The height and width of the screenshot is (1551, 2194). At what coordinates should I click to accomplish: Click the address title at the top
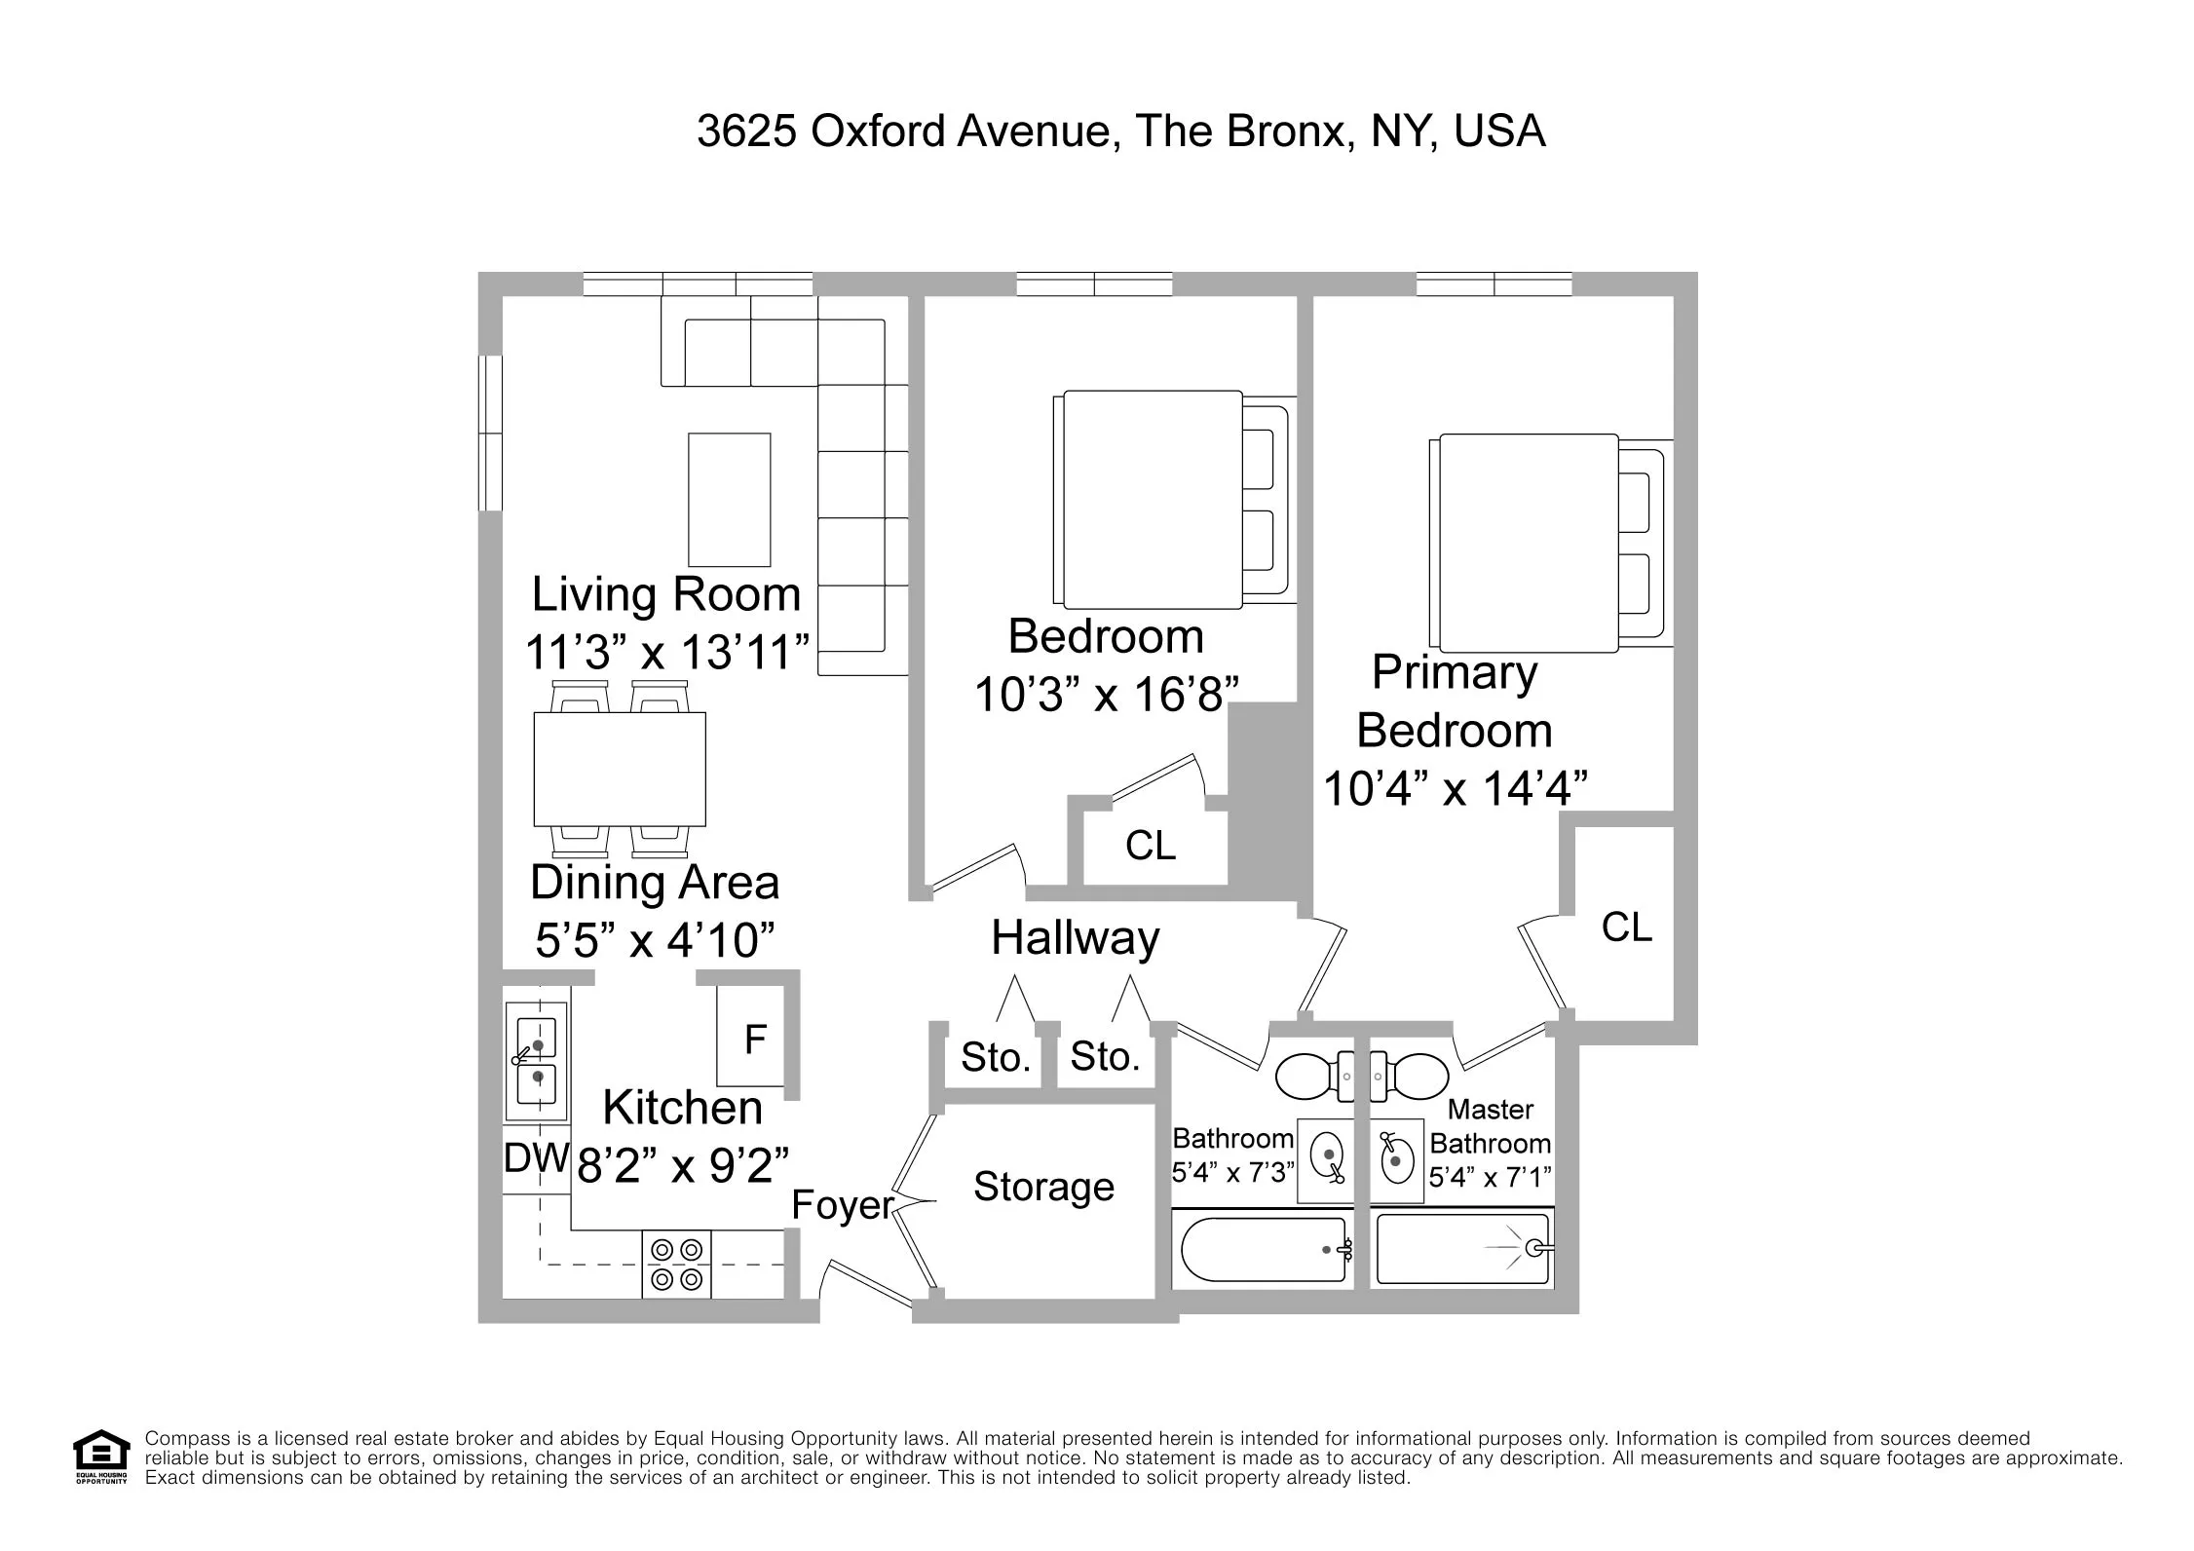point(1120,131)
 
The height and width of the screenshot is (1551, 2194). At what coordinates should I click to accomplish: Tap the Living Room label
point(665,594)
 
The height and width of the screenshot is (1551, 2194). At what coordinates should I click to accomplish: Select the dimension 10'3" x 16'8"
point(1106,695)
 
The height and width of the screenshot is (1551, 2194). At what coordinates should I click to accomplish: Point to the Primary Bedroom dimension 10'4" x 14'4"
point(1455,788)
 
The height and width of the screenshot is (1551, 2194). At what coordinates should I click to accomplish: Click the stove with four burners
point(676,1265)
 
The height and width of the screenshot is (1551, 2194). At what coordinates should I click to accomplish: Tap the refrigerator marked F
point(752,1039)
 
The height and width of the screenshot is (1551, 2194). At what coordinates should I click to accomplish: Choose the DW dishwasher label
point(535,1158)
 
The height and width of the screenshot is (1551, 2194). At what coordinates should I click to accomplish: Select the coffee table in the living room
point(729,500)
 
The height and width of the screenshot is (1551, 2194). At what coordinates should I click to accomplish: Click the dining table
point(620,769)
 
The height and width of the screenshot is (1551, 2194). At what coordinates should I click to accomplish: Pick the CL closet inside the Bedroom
point(1150,846)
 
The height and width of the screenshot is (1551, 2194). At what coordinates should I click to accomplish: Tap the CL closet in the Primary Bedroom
point(1626,927)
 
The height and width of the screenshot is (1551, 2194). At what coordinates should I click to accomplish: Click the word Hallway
point(1075,937)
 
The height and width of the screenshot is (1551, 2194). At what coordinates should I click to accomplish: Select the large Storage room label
point(1043,1186)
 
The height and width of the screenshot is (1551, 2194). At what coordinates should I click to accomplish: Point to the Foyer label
point(842,1205)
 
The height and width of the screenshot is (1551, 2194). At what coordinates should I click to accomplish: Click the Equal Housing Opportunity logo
point(101,1456)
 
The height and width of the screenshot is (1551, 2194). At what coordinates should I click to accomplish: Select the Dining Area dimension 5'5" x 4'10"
point(655,940)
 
